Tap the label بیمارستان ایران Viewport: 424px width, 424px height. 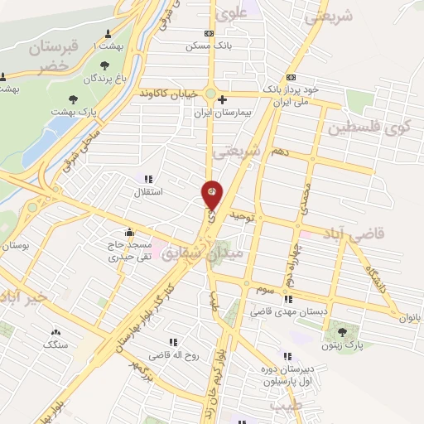tap(222, 111)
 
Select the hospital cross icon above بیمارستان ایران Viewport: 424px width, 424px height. tap(222, 99)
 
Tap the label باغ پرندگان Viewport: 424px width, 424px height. tap(104, 79)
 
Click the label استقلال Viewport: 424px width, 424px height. tap(149, 191)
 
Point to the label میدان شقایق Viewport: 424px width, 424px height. tap(204, 253)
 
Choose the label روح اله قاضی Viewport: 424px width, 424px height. tap(174, 354)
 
